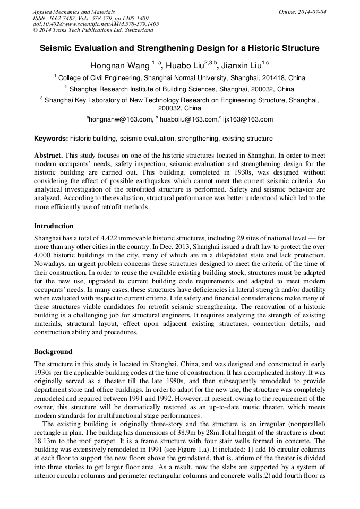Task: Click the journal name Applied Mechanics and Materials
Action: [73, 11]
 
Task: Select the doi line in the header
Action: [96, 24]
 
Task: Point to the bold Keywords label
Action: [51, 139]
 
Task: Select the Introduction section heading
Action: [54, 226]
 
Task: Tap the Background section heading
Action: [53, 351]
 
